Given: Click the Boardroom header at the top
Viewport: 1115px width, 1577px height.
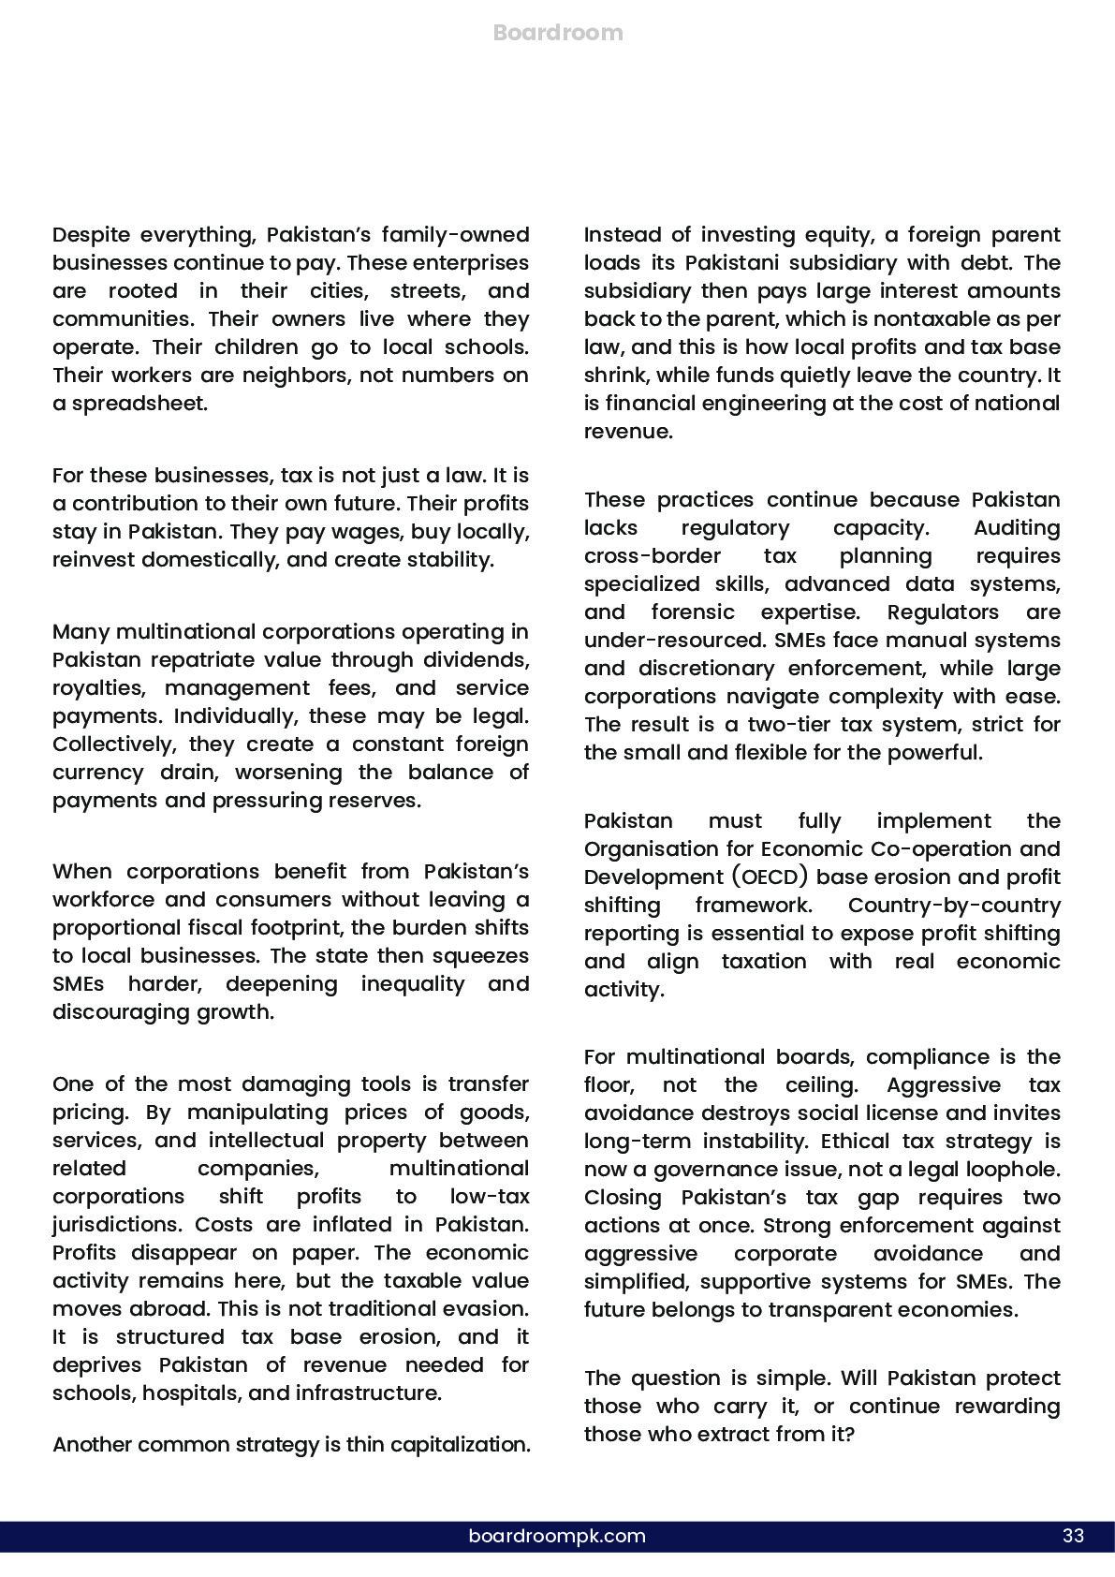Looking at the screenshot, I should coord(557,33).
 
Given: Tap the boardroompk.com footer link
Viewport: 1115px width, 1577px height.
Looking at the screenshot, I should coord(557,1536).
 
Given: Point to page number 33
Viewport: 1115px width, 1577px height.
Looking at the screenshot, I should coord(1073,1536).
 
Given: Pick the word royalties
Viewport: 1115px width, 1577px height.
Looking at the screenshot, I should coord(97,688).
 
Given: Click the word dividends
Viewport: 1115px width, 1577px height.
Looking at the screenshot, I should coord(476,660).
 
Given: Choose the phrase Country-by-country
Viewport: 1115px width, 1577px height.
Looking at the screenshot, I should coord(954,906).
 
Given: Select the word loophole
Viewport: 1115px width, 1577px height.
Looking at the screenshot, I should coord(1014,1170).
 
